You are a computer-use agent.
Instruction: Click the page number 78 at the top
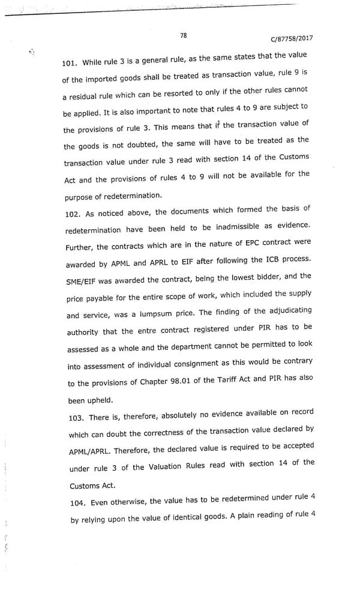(x=183, y=35)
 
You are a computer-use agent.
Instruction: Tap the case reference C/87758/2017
(x=292, y=39)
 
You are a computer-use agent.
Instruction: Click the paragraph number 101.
(x=71, y=62)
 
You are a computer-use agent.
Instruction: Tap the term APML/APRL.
(x=92, y=451)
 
